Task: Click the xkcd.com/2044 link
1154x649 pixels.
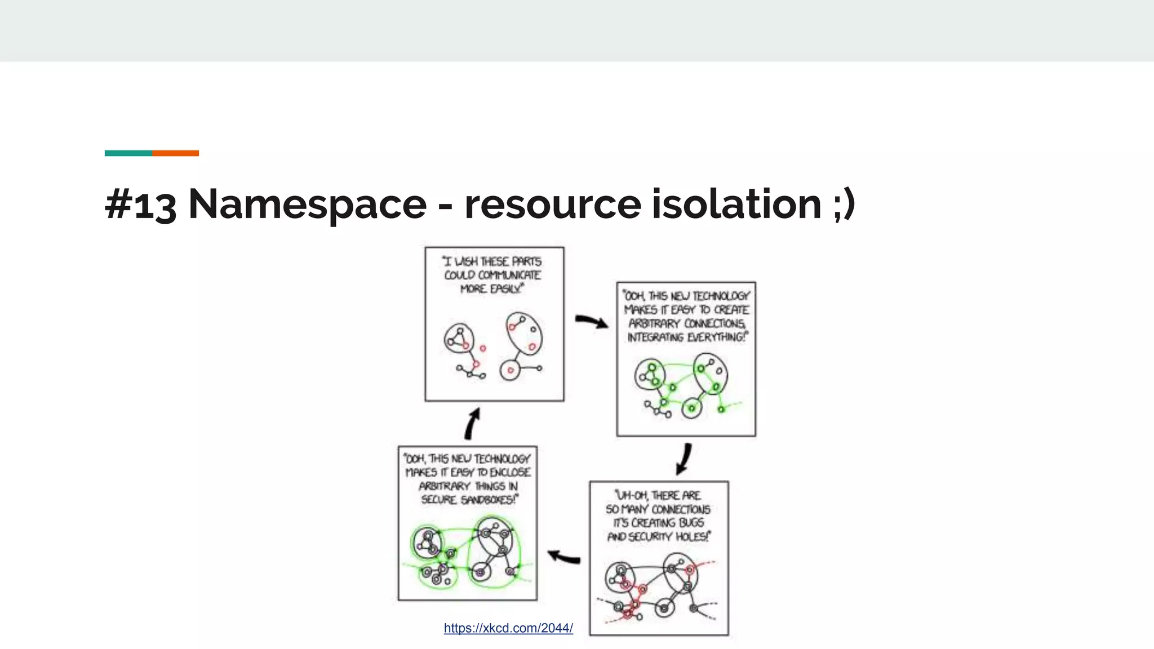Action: pos(508,628)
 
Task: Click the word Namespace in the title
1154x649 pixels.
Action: pos(307,204)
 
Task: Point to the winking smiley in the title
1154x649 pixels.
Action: pos(844,204)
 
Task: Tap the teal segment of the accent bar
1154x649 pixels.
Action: pos(128,153)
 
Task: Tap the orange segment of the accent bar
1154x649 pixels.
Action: pos(175,153)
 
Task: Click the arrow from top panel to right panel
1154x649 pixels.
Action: pos(591,322)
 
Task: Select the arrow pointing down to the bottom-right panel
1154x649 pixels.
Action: pos(684,459)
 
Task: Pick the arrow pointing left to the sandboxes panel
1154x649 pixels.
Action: pos(564,557)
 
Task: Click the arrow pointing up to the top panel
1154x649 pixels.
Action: pos(472,424)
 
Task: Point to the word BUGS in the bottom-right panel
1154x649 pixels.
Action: pos(691,523)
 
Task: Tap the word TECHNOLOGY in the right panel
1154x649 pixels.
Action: pos(721,296)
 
